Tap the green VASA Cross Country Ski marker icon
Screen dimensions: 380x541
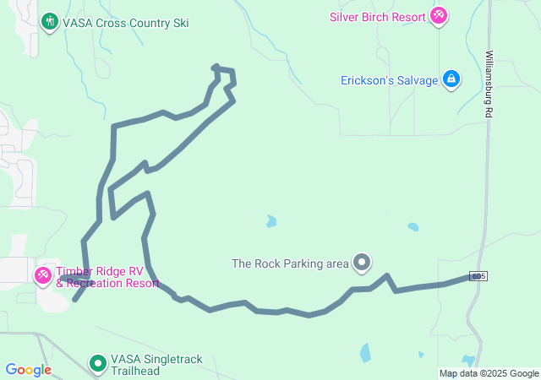click(50, 21)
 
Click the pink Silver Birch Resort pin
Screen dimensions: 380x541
click(438, 15)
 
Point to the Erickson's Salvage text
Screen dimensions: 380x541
click(389, 80)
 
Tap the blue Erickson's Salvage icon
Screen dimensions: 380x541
click(451, 79)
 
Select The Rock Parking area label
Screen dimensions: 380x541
click(290, 263)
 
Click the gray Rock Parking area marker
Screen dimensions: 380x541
click(363, 263)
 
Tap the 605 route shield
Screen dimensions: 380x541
click(479, 276)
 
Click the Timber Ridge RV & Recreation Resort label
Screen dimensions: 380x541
click(107, 277)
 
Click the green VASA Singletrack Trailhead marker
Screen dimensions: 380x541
click(98, 364)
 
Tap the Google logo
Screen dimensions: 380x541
click(29, 370)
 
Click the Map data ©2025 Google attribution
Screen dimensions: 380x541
click(489, 373)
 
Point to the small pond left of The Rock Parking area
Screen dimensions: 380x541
click(270, 222)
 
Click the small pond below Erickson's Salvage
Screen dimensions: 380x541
click(413, 227)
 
